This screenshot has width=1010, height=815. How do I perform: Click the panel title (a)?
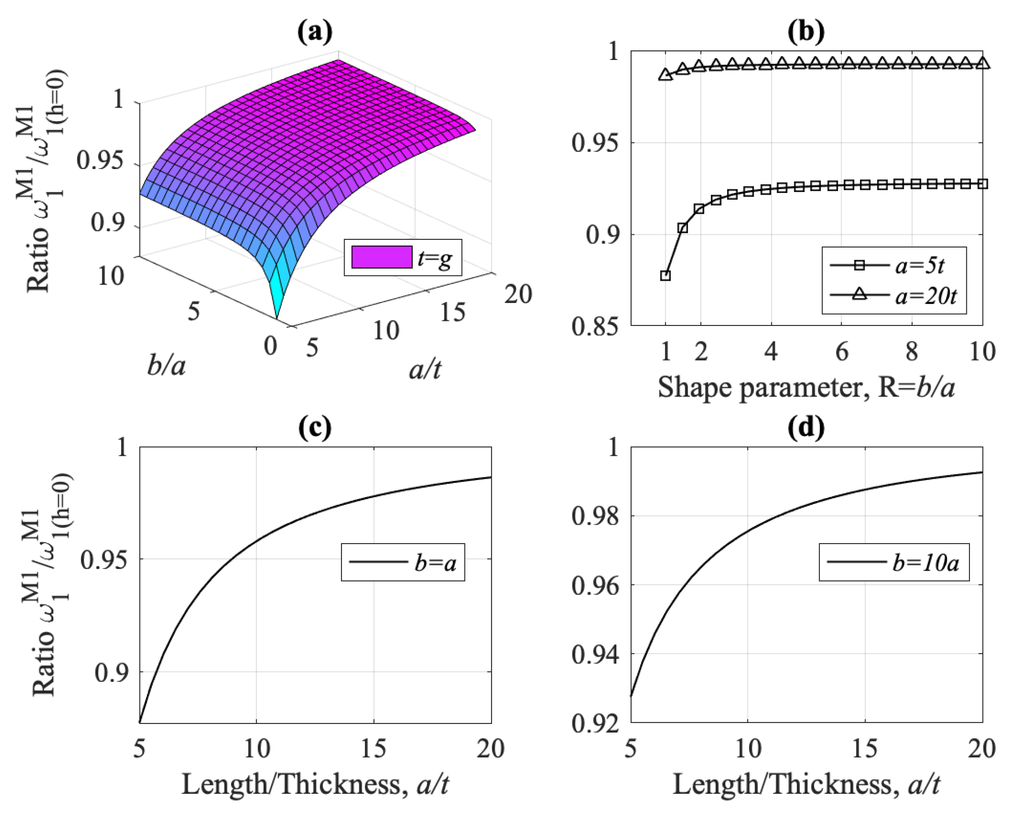pos(315,32)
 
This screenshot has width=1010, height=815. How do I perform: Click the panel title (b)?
pos(806,32)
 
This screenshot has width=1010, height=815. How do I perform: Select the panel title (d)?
pos(806,428)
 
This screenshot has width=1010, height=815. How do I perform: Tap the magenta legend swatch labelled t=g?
pos(382,257)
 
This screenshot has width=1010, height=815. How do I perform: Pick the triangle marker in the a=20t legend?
pos(860,294)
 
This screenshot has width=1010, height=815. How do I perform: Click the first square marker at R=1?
pos(665,275)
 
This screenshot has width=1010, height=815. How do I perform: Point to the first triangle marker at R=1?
pos(665,75)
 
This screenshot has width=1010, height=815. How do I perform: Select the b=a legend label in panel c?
pos(435,563)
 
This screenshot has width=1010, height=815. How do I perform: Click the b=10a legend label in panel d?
pos(925,563)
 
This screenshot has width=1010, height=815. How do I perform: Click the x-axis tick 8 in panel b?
pos(911,351)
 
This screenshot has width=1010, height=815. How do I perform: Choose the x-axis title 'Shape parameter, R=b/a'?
pos(806,388)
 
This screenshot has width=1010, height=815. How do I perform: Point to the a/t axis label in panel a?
pos(425,370)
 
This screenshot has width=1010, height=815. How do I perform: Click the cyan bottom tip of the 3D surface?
pos(276,316)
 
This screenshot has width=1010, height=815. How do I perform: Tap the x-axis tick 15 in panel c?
pos(374,748)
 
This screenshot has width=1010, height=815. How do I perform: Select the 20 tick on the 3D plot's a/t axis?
pos(518,294)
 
